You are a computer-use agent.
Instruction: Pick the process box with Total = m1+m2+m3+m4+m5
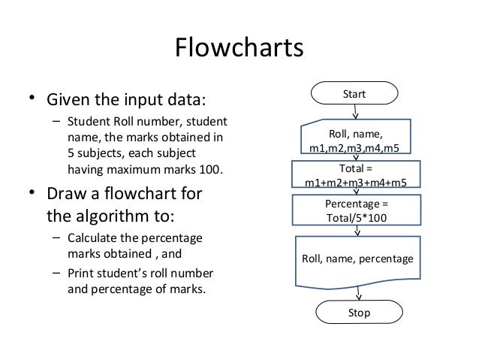coord(357,174)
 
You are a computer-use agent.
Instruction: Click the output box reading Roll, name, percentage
coord(357,259)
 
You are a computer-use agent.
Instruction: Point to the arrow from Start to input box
coord(355,112)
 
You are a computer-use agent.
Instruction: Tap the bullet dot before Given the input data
coord(32,99)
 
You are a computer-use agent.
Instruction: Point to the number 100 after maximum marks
coord(212,168)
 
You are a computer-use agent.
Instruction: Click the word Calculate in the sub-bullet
coord(92,239)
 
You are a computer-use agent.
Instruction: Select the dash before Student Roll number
coord(56,122)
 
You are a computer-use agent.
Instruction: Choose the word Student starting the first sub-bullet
coord(87,122)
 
